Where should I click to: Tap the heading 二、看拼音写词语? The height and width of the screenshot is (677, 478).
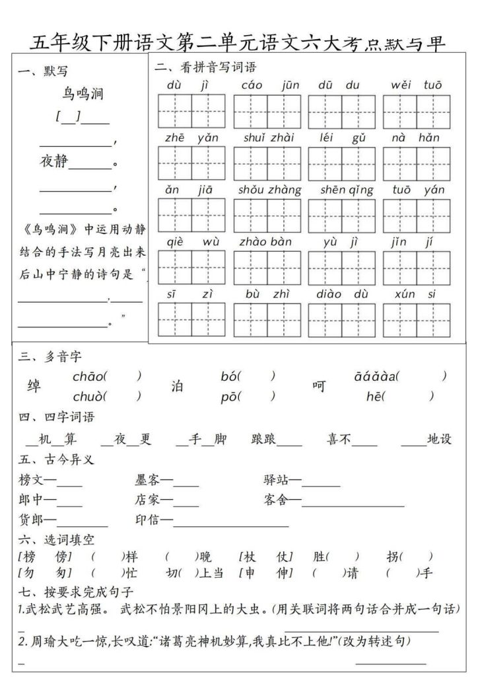[x=205, y=67]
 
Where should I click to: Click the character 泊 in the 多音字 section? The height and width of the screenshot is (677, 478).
[x=177, y=386]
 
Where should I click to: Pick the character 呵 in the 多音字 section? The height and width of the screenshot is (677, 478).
[x=319, y=386]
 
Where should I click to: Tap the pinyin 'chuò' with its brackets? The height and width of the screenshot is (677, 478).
[x=106, y=397]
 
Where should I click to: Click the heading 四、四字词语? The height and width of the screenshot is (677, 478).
[x=56, y=417]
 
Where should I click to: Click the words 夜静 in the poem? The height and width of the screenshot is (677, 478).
[x=54, y=163]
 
